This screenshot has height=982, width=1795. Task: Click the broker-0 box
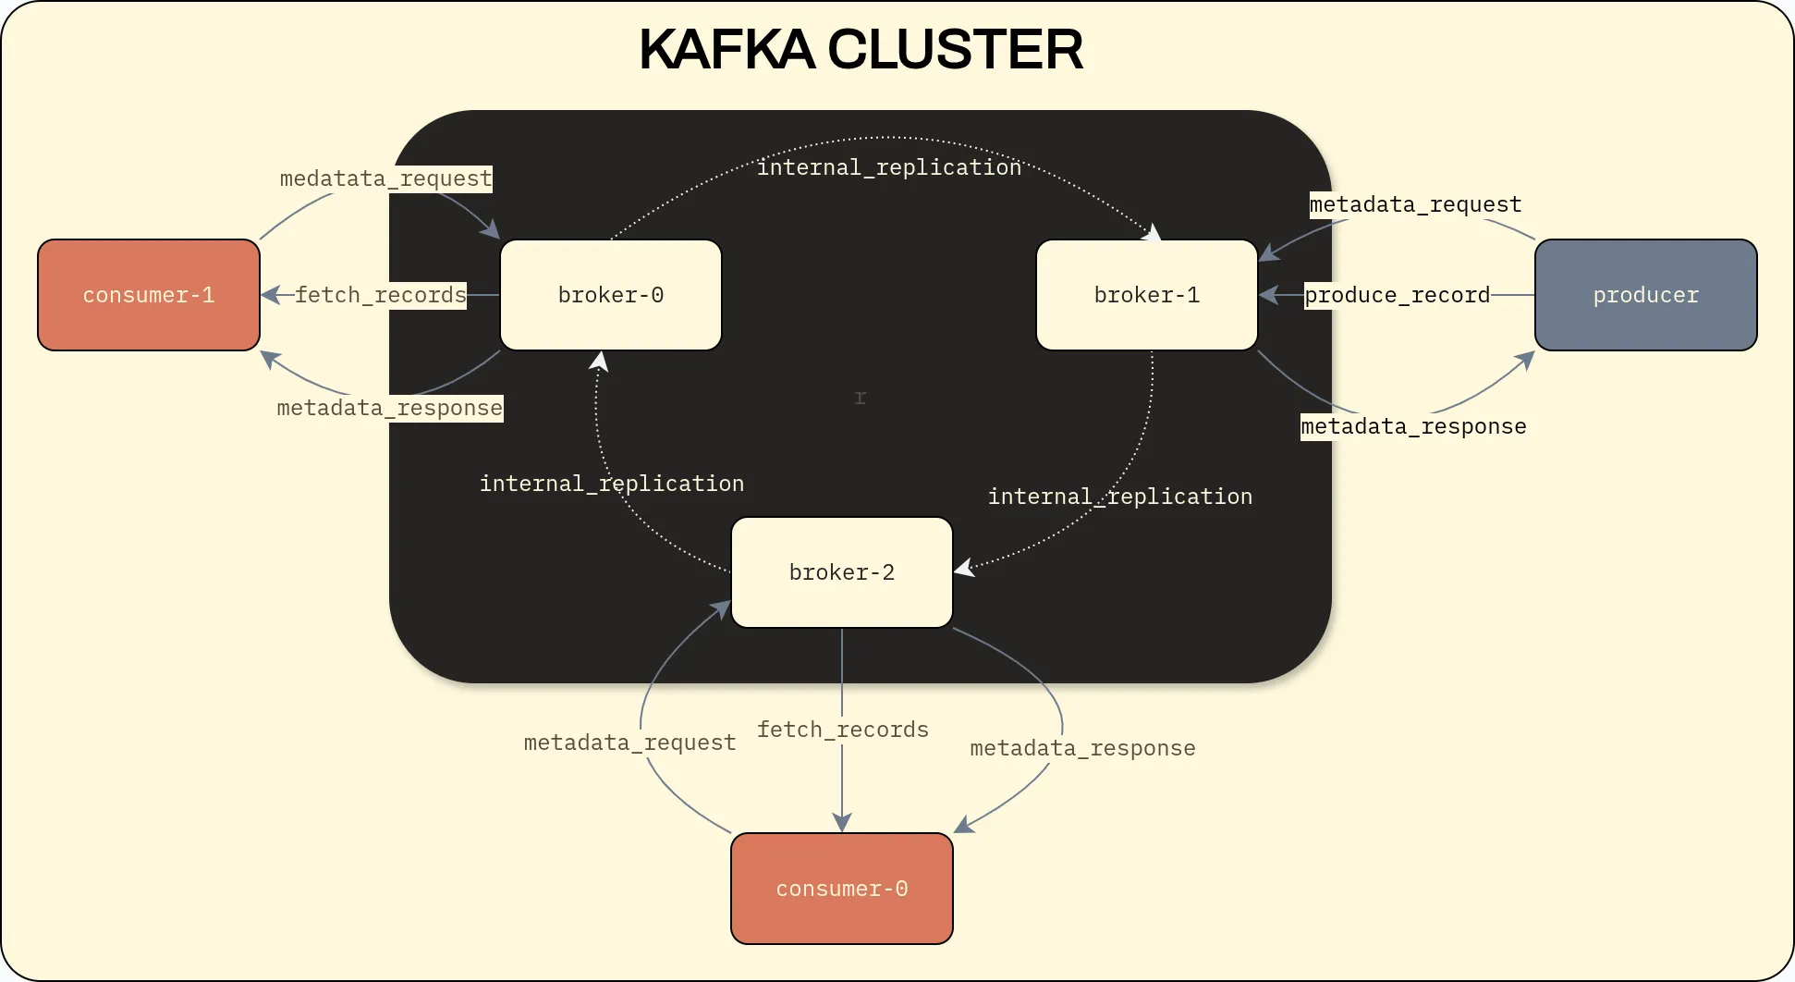[610, 295]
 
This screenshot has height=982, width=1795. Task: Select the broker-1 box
[1146, 295]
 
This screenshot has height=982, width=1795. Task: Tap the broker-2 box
[841, 572]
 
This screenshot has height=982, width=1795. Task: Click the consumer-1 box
[148, 295]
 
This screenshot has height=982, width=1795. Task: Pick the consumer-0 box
[841, 889]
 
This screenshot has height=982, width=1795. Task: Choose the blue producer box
[1645, 295]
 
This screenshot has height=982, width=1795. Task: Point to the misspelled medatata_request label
[385, 178]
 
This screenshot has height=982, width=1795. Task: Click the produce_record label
[1397, 295]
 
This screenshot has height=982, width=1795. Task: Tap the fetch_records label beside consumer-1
[381, 295]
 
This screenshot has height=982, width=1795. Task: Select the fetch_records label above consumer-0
[842, 730]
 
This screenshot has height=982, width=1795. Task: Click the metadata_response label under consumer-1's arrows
[389, 408]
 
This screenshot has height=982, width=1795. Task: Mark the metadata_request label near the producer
[1415, 204]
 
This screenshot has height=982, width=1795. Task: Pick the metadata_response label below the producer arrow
[1413, 426]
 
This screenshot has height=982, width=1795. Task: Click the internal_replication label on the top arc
[889, 167]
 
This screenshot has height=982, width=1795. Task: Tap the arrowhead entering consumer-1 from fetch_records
[270, 295]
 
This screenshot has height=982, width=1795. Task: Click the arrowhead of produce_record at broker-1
[1268, 295]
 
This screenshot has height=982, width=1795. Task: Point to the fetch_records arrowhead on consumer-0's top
[842, 822]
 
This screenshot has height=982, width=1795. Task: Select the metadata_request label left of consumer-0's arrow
[629, 743]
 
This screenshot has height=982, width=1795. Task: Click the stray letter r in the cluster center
[861, 398]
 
